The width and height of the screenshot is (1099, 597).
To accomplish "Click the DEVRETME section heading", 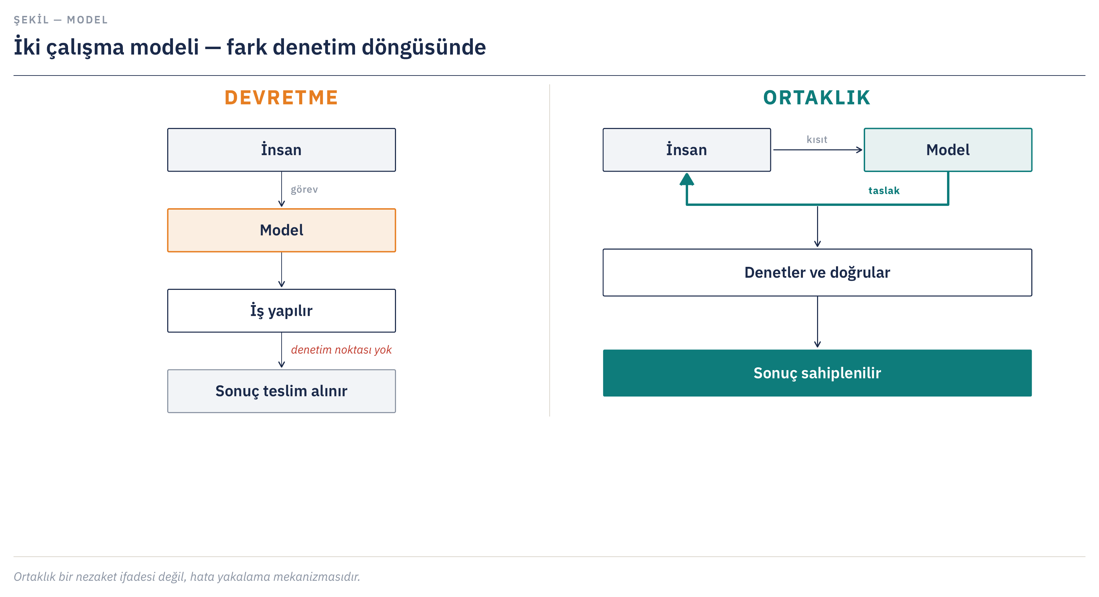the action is pos(281,98).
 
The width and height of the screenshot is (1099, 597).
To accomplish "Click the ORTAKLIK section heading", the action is pos(817,98).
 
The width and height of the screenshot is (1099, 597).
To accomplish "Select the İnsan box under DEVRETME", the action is pos(282,150).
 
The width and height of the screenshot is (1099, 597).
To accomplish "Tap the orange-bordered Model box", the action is pos(282,230).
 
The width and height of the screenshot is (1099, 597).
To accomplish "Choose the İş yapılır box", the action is pos(282,311).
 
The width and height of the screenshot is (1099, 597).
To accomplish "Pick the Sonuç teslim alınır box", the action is pos(282,391).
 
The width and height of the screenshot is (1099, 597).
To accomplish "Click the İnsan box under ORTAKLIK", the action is pos(687,150).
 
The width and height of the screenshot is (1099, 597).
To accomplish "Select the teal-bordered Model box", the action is pos(948,150).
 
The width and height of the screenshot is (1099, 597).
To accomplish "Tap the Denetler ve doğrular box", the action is pos(817,272).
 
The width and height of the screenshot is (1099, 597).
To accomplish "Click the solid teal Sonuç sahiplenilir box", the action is pos(817,373).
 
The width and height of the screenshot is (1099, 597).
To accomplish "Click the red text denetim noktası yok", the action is pos(341,349).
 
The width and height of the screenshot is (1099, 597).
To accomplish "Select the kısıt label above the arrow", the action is pos(817,140).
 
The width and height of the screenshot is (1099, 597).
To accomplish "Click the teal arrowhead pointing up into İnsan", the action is pos(687,179).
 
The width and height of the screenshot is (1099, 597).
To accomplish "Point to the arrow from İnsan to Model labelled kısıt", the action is pos(818,150).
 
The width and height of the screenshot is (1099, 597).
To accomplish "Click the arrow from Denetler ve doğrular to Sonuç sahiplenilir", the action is pos(817,322).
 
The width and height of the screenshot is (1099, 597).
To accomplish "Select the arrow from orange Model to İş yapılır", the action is pos(282,270).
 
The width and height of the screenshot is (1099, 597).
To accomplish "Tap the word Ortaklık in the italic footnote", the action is pos(35,577).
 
